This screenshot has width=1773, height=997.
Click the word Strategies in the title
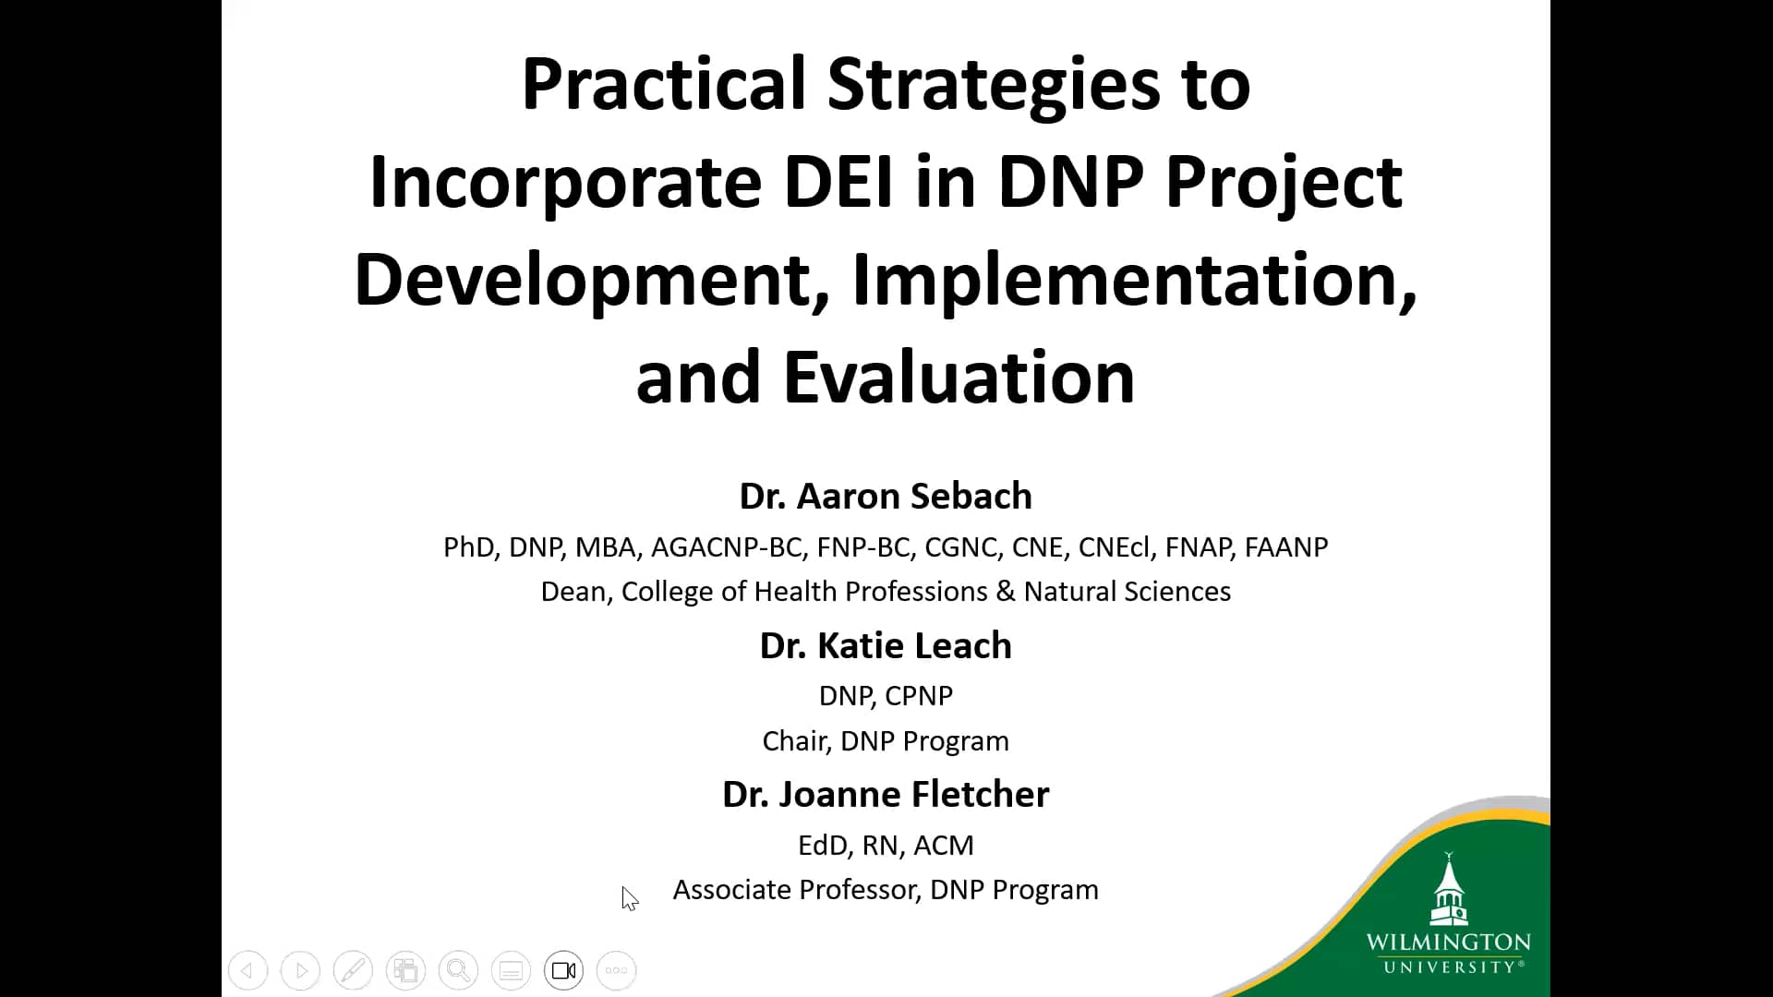(x=993, y=84)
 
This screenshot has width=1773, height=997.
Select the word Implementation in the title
(x=1133, y=280)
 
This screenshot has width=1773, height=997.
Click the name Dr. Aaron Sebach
(x=886, y=496)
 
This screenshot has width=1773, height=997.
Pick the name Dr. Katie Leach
(x=886, y=645)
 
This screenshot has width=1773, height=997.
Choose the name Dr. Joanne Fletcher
(x=886, y=794)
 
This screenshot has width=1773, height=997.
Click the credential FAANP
(x=1285, y=547)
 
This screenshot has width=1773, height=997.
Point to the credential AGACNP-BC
(x=727, y=547)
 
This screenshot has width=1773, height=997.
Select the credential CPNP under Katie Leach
(x=918, y=695)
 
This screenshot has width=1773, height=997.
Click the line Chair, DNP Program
(x=886, y=740)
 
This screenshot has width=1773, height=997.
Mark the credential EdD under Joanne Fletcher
(x=822, y=845)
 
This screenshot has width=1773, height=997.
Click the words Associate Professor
(x=795, y=889)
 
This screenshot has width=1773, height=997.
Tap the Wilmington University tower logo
(x=1448, y=891)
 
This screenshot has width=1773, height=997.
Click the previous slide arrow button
(x=247, y=970)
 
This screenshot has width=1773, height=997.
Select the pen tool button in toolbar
(x=353, y=970)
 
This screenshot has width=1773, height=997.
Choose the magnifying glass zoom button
(x=458, y=970)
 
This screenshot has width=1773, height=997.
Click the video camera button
(x=563, y=970)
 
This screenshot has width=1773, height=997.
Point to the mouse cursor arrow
(x=629, y=897)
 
